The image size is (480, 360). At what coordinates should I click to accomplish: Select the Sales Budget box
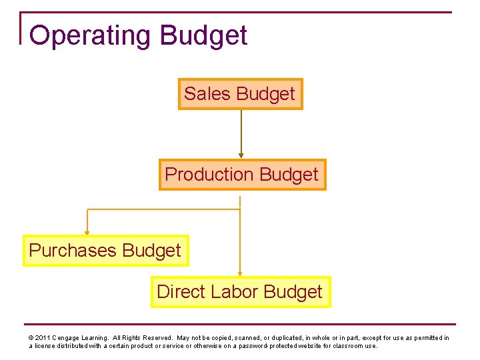point(240,94)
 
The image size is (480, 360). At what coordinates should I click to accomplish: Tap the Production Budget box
point(242,175)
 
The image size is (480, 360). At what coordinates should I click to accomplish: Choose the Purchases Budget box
point(105,251)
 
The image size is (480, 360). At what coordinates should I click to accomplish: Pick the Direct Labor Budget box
point(240,292)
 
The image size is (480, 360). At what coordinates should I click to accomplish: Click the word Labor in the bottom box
point(235,292)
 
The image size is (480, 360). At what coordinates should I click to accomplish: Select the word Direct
point(181,292)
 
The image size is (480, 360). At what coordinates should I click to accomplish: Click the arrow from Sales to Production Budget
point(241,133)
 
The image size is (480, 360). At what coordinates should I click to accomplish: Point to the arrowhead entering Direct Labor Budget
point(240,273)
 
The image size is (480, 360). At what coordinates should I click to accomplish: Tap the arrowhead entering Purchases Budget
point(87,233)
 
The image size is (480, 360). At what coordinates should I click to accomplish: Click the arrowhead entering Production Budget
point(241,156)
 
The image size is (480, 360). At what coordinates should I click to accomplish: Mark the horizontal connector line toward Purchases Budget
point(163,209)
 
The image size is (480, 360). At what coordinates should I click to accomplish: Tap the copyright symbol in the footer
point(31,338)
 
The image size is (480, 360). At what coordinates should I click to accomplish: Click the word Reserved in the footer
point(155,338)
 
